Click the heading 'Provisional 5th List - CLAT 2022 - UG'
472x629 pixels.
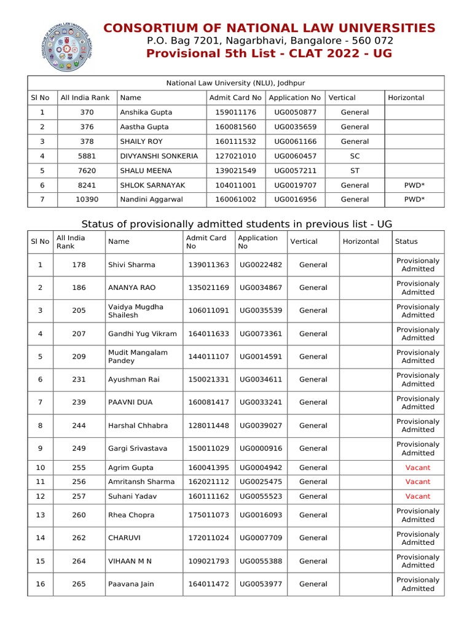tap(269, 54)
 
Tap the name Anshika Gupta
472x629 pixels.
tap(146, 112)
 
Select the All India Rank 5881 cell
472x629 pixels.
tap(86, 156)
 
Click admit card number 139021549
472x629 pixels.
tap(235, 171)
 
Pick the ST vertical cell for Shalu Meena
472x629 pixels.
tap(355, 171)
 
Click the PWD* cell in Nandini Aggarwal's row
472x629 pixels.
tap(414, 200)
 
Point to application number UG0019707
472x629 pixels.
tap(295, 185)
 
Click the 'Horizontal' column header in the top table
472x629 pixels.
tap(406, 98)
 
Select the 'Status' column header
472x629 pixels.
tap(406, 241)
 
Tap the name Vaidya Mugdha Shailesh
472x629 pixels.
tap(136, 311)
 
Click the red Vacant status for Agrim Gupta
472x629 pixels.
tap(418, 467)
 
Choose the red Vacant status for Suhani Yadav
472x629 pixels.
tap(418, 496)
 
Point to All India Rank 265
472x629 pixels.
tap(79, 584)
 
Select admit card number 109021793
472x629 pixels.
tap(208, 561)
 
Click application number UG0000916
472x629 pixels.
tap(261, 448)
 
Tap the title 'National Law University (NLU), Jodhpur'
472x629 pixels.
tap(235, 83)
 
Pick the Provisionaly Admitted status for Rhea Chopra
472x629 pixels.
tap(418, 515)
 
